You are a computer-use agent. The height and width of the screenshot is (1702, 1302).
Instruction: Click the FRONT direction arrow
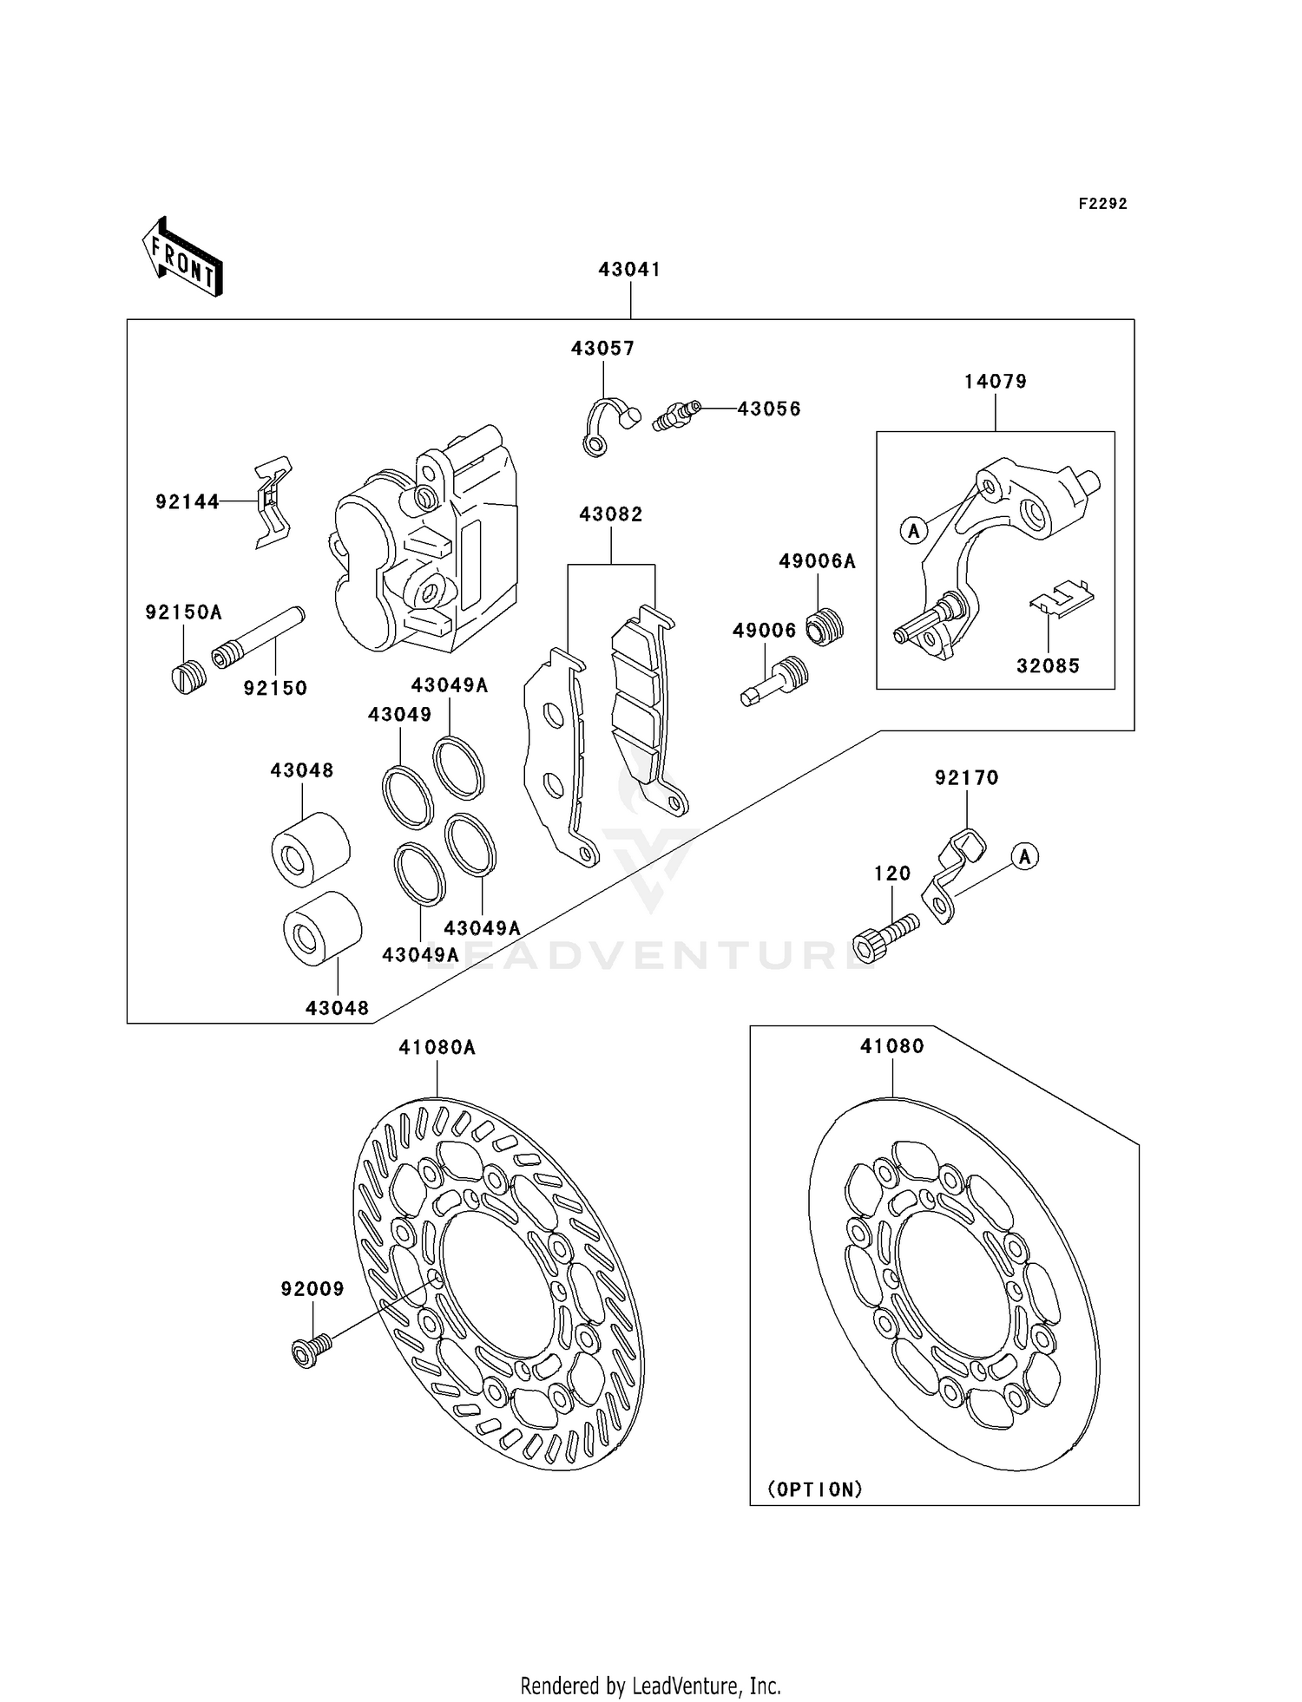[x=182, y=259]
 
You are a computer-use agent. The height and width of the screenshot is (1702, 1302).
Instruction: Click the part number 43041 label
[x=629, y=270]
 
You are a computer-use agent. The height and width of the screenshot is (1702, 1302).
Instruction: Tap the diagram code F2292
[x=1102, y=204]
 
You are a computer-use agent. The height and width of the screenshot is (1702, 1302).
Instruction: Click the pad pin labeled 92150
[x=259, y=638]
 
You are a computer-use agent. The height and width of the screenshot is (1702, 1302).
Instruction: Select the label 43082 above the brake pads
[x=611, y=514]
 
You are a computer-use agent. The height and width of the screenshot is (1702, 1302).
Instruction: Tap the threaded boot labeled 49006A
[x=825, y=626]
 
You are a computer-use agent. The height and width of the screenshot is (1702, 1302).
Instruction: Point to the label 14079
[x=995, y=382]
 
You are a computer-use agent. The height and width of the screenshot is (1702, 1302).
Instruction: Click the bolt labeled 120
[x=885, y=938]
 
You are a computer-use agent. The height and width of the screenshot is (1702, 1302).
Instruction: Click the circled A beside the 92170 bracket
[x=1025, y=857]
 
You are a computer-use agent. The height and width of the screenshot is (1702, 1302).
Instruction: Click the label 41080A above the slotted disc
[x=437, y=1048]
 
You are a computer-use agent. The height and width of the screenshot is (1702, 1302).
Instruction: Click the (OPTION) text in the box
[x=815, y=1489]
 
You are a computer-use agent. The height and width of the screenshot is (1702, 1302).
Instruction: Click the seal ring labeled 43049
[x=407, y=795]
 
